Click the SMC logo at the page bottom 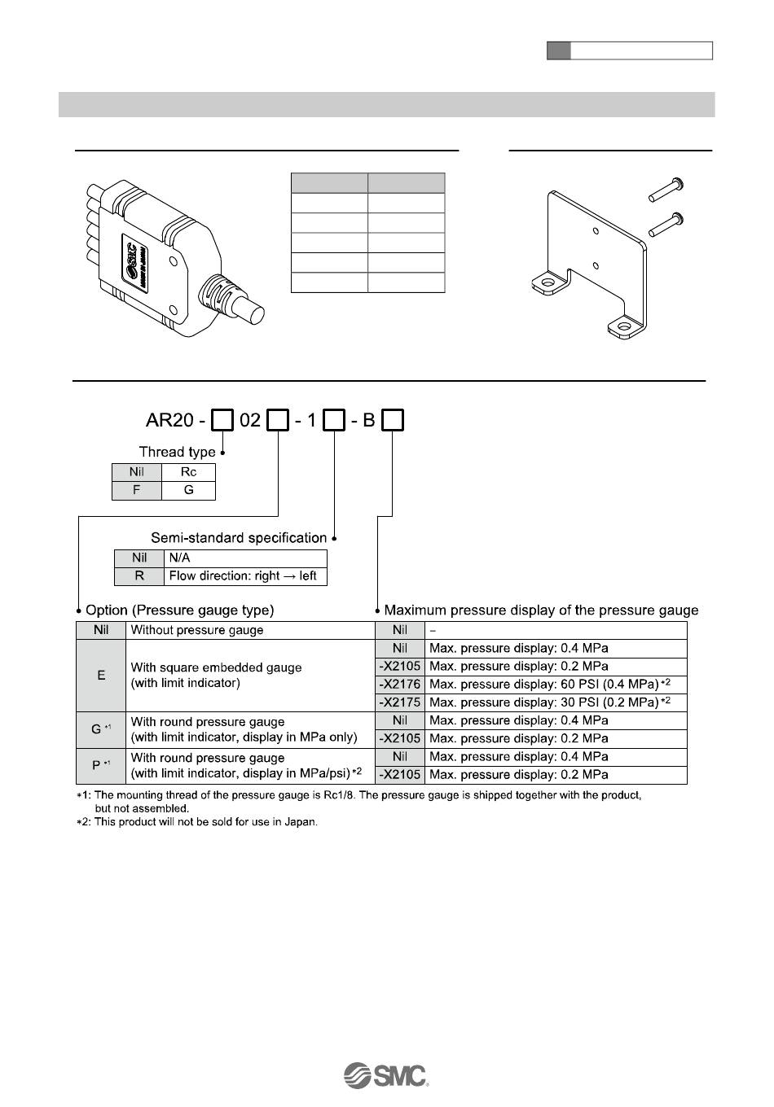click(386, 1074)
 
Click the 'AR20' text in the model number click(169, 421)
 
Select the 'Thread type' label click(177, 452)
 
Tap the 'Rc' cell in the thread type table click(188, 472)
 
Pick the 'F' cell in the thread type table click(137, 491)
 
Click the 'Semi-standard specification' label click(239, 538)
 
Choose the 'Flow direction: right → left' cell click(244, 576)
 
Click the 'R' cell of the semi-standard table click(139, 576)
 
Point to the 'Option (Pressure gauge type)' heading click(179, 610)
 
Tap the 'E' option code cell click(101, 676)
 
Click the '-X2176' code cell click(400, 685)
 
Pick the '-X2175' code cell click(400, 702)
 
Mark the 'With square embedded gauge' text click(216, 667)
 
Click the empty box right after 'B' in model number click(394, 421)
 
